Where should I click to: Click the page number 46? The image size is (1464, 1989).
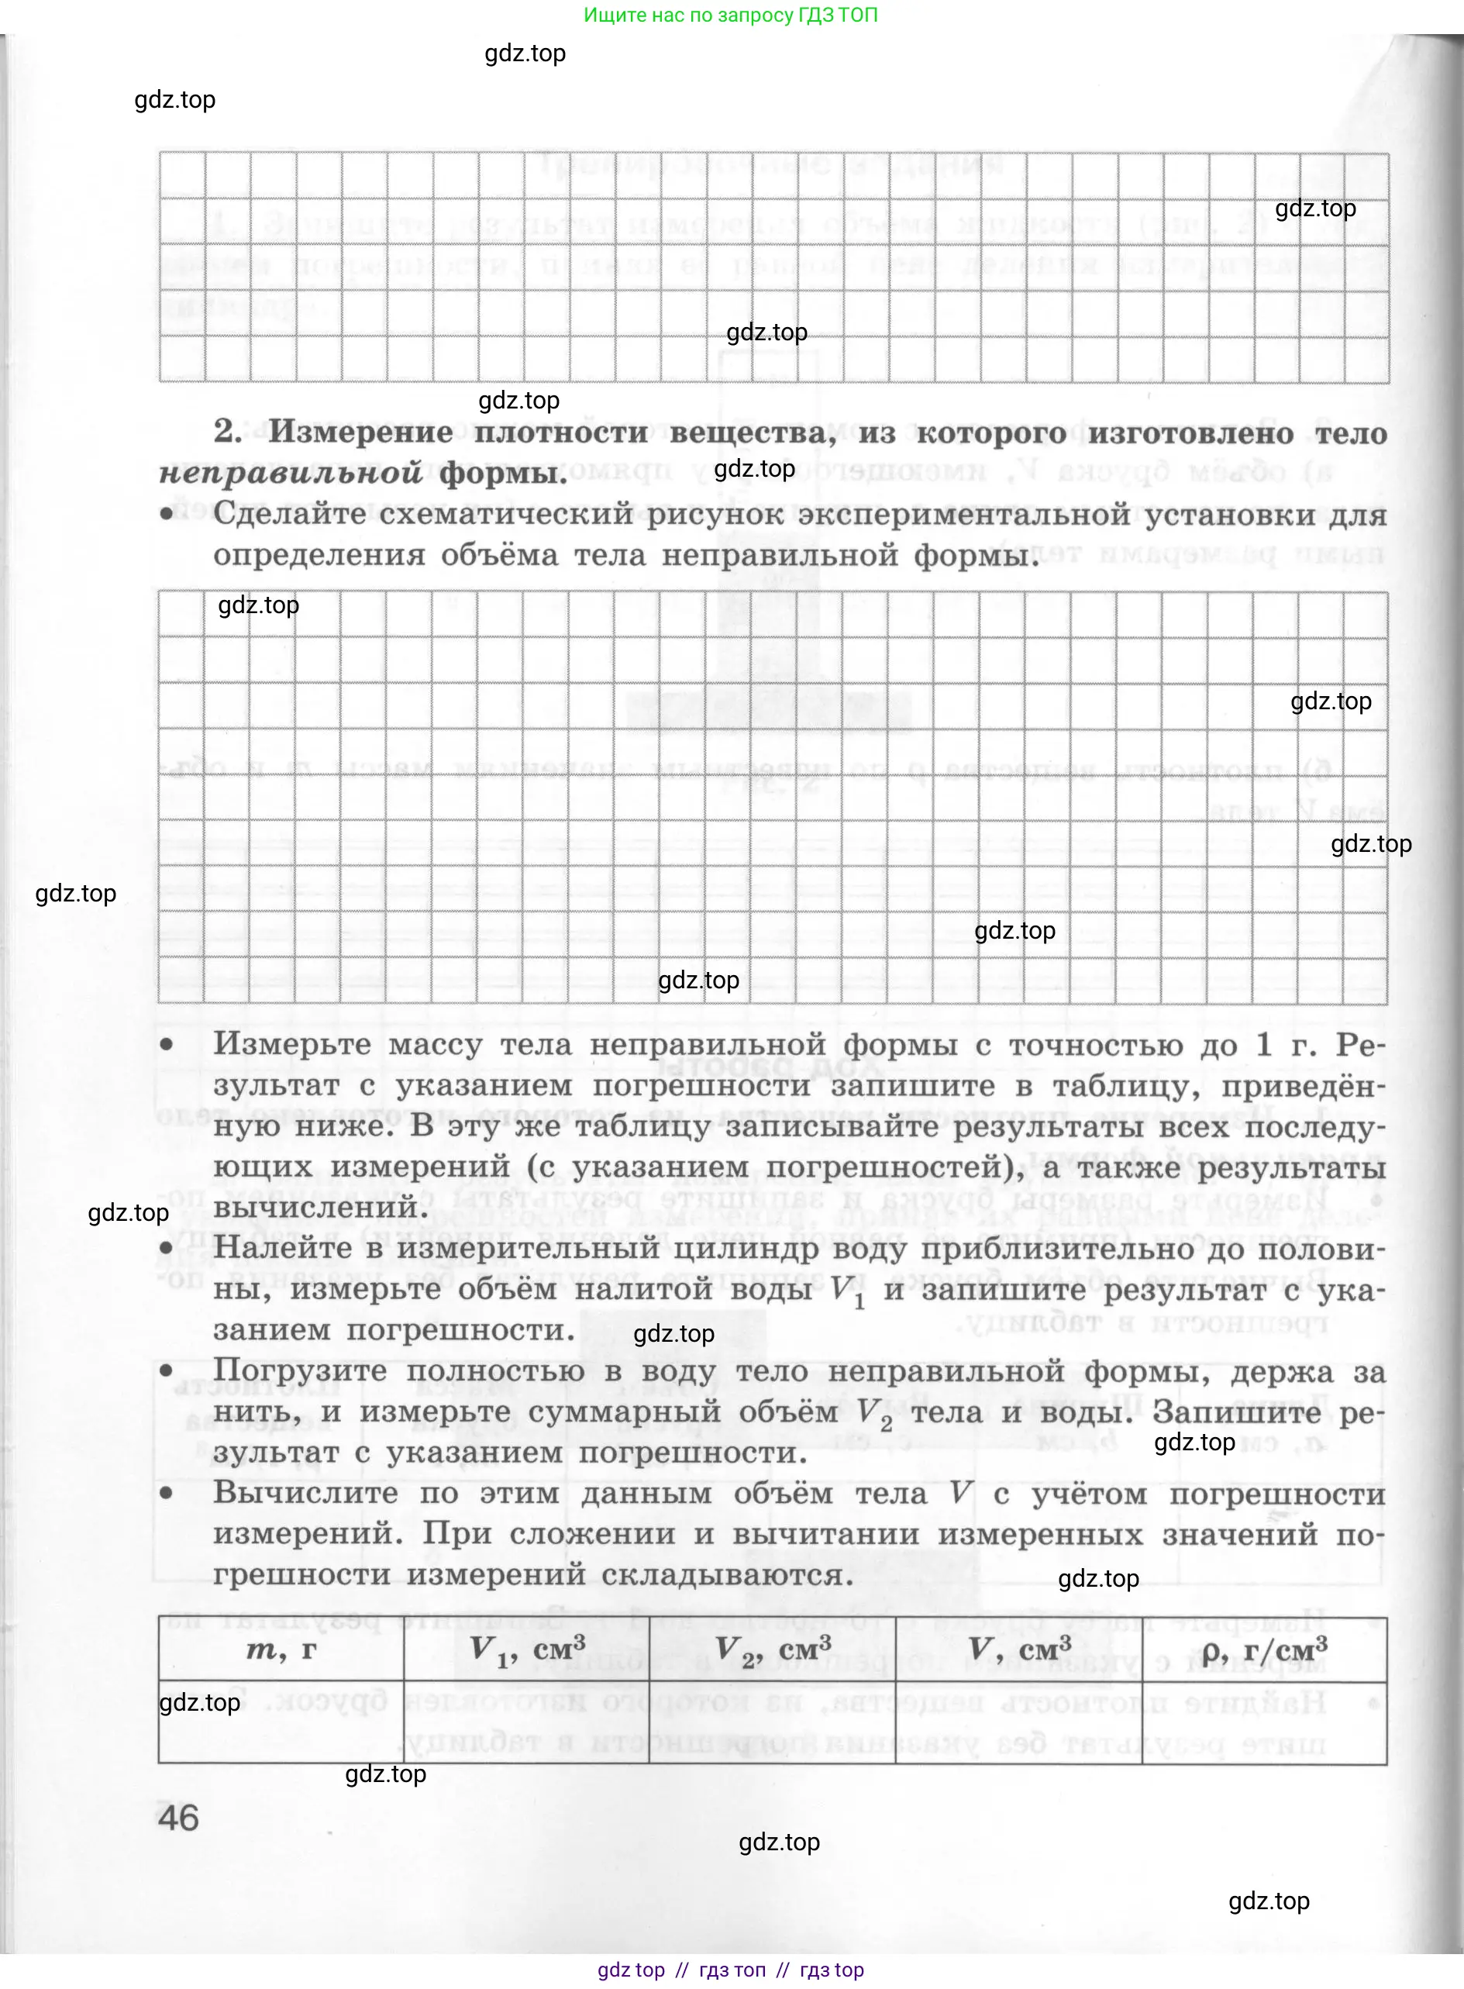tap(178, 1818)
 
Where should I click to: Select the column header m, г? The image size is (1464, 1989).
tap(281, 1649)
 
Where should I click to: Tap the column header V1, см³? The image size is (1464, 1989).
tap(527, 1650)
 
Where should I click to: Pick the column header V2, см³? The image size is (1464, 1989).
tap(773, 1650)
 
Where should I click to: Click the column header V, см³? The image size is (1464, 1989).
tap(1019, 1649)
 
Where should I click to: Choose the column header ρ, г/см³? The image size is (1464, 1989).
tap(1265, 1650)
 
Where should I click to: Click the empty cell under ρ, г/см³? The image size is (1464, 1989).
tap(1265, 1722)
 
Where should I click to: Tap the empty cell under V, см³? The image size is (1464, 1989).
tap(1019, 1722)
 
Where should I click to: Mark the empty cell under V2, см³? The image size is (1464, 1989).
tap(773, 1722)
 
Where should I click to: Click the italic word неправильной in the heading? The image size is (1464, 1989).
tap(291, 474)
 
